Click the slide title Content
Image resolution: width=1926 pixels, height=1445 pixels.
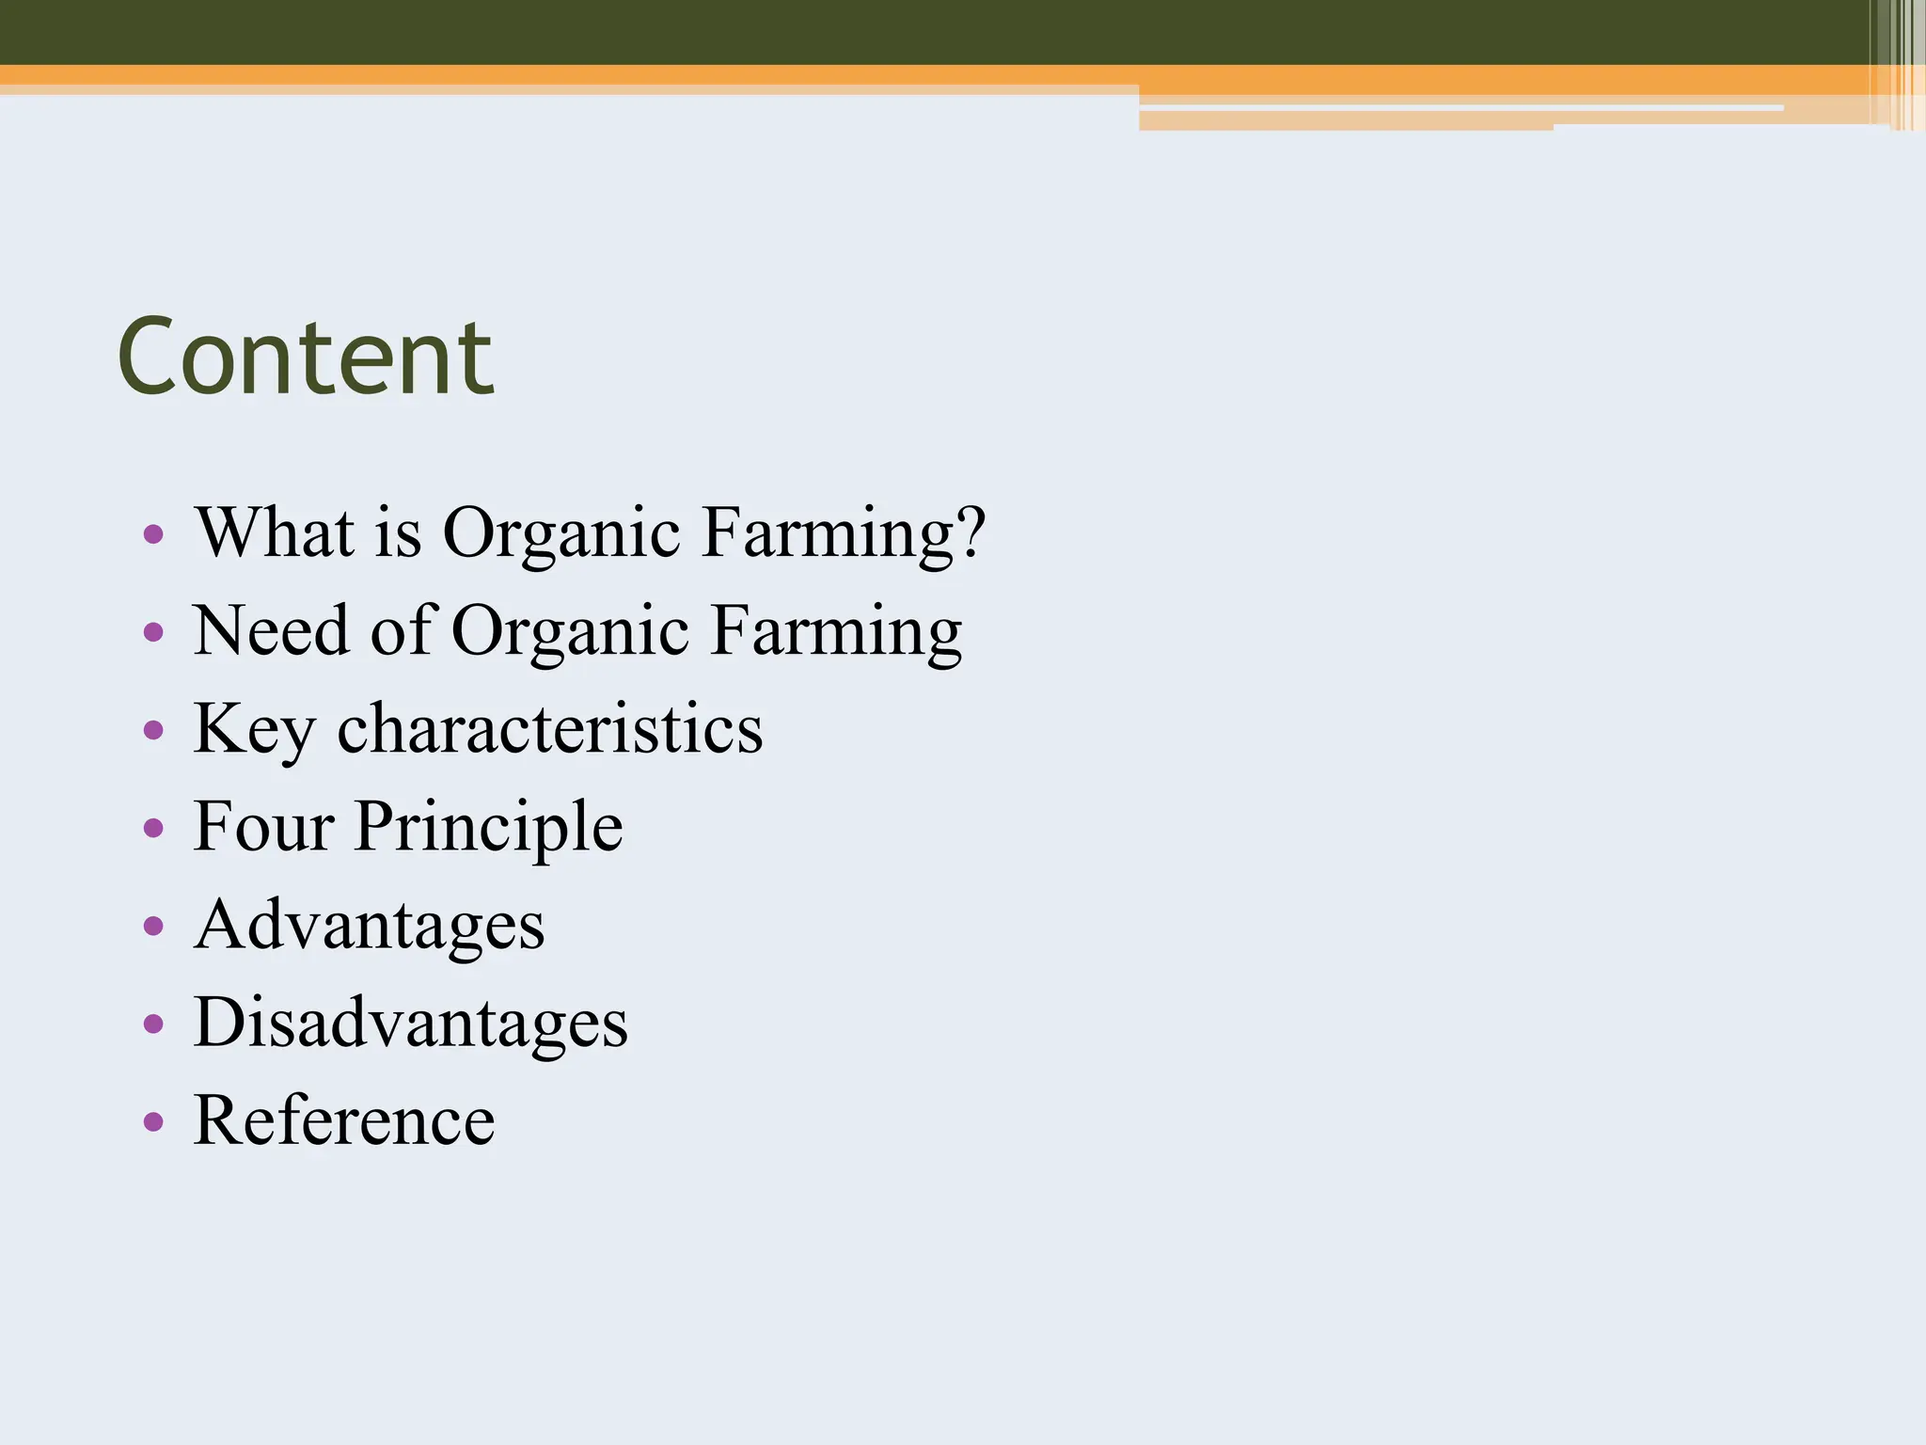pyautogui.click(x=305, y=357)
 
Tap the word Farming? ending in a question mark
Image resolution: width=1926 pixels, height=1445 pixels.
pyautogui.click(x=844, y=534)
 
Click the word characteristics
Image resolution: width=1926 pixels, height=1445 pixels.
pyautogui.click(x=550, y=729)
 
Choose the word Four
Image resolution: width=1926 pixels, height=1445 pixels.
pyautogui.click(x=263, y=827)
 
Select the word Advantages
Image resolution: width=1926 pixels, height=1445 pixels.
pyautogui.click(x=370, y=925)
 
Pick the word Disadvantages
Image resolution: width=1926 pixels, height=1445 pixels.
pyautogui.click(x=411, y=1023)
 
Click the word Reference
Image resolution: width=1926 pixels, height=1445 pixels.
pyautogui.click(x=344, y=1120)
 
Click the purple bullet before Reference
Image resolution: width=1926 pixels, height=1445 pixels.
pyautogui.click(x=153, y=1121)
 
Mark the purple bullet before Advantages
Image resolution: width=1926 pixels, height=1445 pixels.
pyautogui.click(x=153, y=927)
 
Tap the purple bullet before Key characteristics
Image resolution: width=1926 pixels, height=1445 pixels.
pyautogui.click(x=153, y=731)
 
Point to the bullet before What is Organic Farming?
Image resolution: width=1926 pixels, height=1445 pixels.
pyautogui.click(x=153, y=535)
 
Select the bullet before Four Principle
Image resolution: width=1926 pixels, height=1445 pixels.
pyautogui.click(x=153, y=829)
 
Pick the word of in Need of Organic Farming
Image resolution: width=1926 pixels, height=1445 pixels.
pyautogui.click(x=402, y=630)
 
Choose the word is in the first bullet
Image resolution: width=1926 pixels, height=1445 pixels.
pyautogui.click(x=398, y=532)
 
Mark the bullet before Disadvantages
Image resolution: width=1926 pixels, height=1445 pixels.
pyautogui.click(x=153, y=1024)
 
